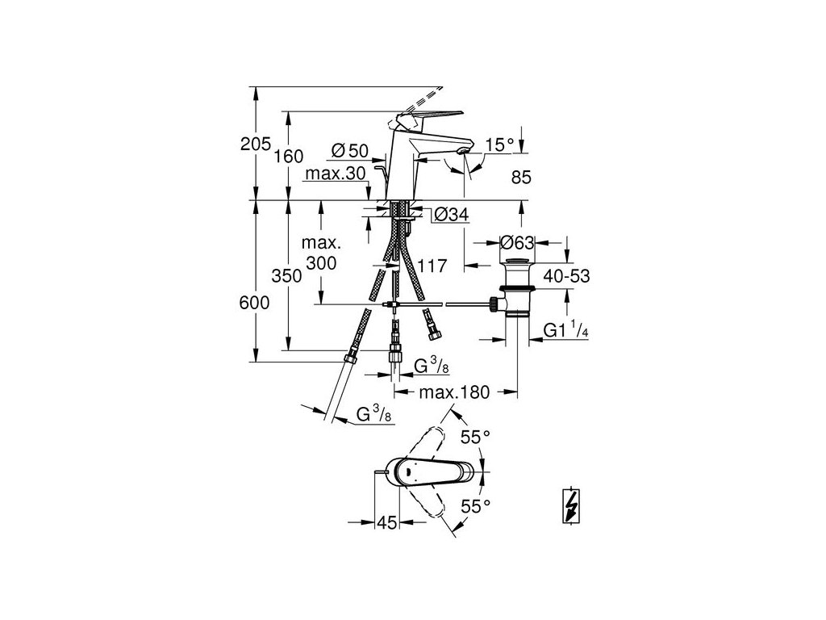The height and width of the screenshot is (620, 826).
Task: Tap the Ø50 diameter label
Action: [349, 149]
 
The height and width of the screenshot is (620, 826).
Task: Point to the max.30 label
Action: [335, 174]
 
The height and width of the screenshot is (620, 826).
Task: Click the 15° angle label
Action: [499, 145]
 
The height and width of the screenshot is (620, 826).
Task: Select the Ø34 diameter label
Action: [450, 215]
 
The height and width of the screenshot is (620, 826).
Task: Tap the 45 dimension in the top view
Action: [387, 522]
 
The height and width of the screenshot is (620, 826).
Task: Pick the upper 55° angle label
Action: [475, 438]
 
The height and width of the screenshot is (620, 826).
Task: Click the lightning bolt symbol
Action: [571, 507]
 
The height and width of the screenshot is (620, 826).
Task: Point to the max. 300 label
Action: [321, 253]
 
